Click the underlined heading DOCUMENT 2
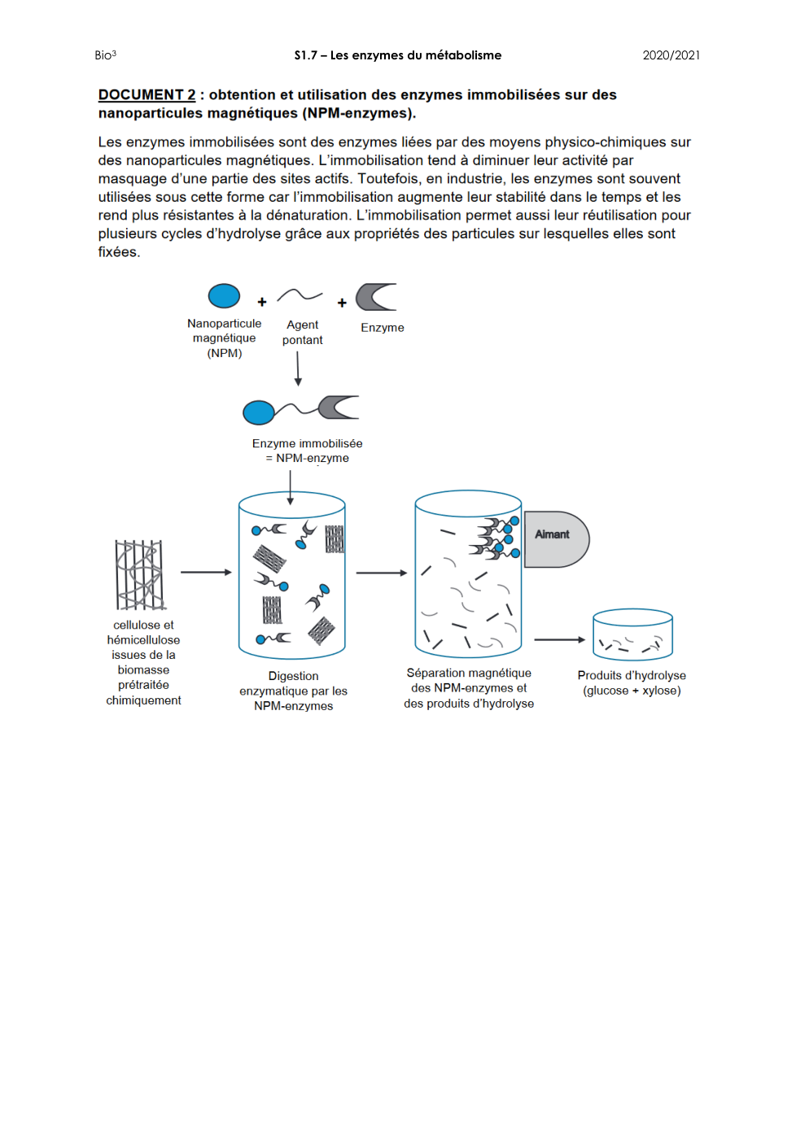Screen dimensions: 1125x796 tap(147, 94)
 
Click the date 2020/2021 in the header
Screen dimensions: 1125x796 tap(671, 55)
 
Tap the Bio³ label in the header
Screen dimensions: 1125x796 tap(105, 55)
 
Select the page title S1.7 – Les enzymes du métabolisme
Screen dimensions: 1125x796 tap(397, 55)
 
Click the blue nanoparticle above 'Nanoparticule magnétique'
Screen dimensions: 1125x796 tap(224, 296)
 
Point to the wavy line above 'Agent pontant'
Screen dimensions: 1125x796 tap(300, 295)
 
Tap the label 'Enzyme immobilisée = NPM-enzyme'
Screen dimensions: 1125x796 tap(307, 451)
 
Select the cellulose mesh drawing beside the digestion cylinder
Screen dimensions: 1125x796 tap(140, 575)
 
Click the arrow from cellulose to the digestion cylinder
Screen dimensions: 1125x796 tap(206, 573)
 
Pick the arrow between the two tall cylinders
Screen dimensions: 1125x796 tap(381, 573)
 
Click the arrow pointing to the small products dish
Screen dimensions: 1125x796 tap(559, 639)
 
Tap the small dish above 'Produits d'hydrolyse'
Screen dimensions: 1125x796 tap(632, 634)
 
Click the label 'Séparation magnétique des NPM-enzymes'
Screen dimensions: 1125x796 tap(469, 687)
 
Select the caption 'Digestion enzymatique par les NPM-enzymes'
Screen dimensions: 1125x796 tap(293, 691)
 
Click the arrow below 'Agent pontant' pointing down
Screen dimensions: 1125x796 tap(298, 368)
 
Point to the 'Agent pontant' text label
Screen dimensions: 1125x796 tap(302, 332)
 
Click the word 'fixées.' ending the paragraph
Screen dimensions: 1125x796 tap(119, 252)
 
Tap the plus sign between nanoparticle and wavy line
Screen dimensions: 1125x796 tap(262, 302)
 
